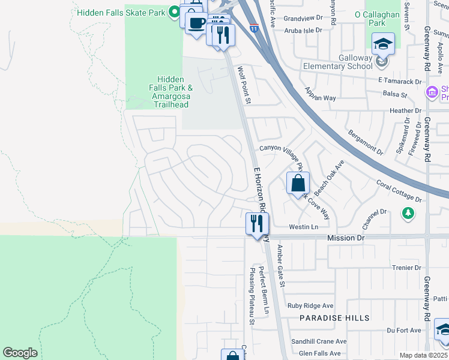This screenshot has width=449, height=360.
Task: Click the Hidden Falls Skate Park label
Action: click(x=122, y=11)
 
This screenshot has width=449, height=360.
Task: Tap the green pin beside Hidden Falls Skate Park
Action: click(x=175, y=11)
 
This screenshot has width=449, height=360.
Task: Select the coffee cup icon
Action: click(x=196, y=23)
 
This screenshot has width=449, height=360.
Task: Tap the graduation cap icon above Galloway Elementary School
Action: click(x=382, y=44)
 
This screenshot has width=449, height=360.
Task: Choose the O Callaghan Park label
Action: click(x=378, y=18)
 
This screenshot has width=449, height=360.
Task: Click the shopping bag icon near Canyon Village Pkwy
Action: click(x=298, y=183)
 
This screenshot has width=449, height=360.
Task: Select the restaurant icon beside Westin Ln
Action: click(x=256, y=224)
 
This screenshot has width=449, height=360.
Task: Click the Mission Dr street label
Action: click(x=346, y=238)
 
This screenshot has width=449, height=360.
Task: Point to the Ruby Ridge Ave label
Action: click(x=310, y=305)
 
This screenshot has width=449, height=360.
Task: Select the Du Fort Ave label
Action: click(x=404, y=330)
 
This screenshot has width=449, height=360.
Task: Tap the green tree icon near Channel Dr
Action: click(x=408, y=213)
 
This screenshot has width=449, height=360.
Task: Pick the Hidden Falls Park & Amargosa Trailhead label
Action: click(x=172, y=92)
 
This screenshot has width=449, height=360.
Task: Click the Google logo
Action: click(x=20, y=353)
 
